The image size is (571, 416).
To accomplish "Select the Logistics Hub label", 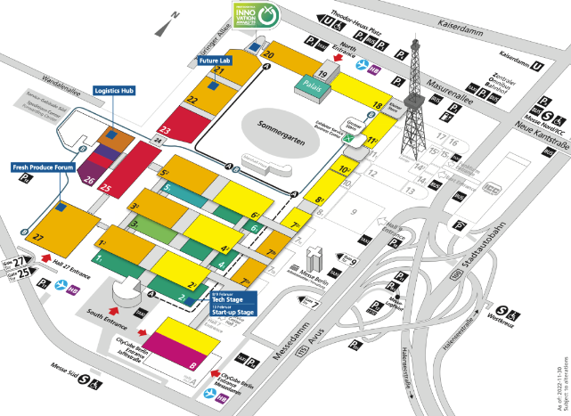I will (x=113, y=91).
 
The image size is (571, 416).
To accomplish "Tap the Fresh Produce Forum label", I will (x=41, y=166).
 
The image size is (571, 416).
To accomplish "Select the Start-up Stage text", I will (x=233, y=314).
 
